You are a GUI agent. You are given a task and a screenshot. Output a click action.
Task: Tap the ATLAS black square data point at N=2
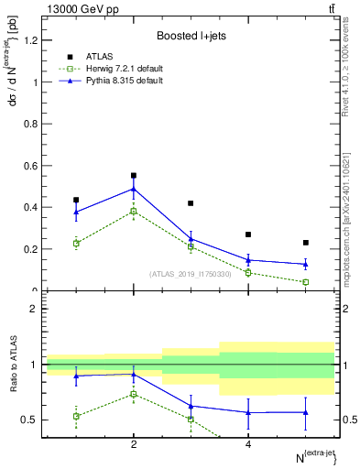pyautogui.click(x=134, y=175)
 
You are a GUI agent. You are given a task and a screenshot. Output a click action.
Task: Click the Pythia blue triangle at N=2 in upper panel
pyautogui.click(x=134, y=189)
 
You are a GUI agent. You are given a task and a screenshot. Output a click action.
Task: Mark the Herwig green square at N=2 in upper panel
pyautogui.click(x=134, y=212)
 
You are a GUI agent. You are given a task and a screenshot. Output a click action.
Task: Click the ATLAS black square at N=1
pyautogui.click(x=76, y=200)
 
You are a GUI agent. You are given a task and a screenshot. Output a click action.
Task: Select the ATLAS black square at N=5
pyautogui.click(x=306, y=243)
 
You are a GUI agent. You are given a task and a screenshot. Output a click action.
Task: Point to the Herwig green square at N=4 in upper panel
pyautogui.click(x=248, y=272)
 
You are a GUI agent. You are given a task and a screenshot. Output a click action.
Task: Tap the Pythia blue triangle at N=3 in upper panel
pyautogui.click(x=191, y=238)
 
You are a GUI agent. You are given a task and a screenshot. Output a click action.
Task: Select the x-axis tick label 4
pyautogui.click(x=248, y=444)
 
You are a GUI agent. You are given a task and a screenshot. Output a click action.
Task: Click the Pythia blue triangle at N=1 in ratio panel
pyautogui.click(x=76, y=376)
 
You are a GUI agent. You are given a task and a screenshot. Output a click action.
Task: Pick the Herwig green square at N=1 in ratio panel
pyautogui.click(x=76, y=416)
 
